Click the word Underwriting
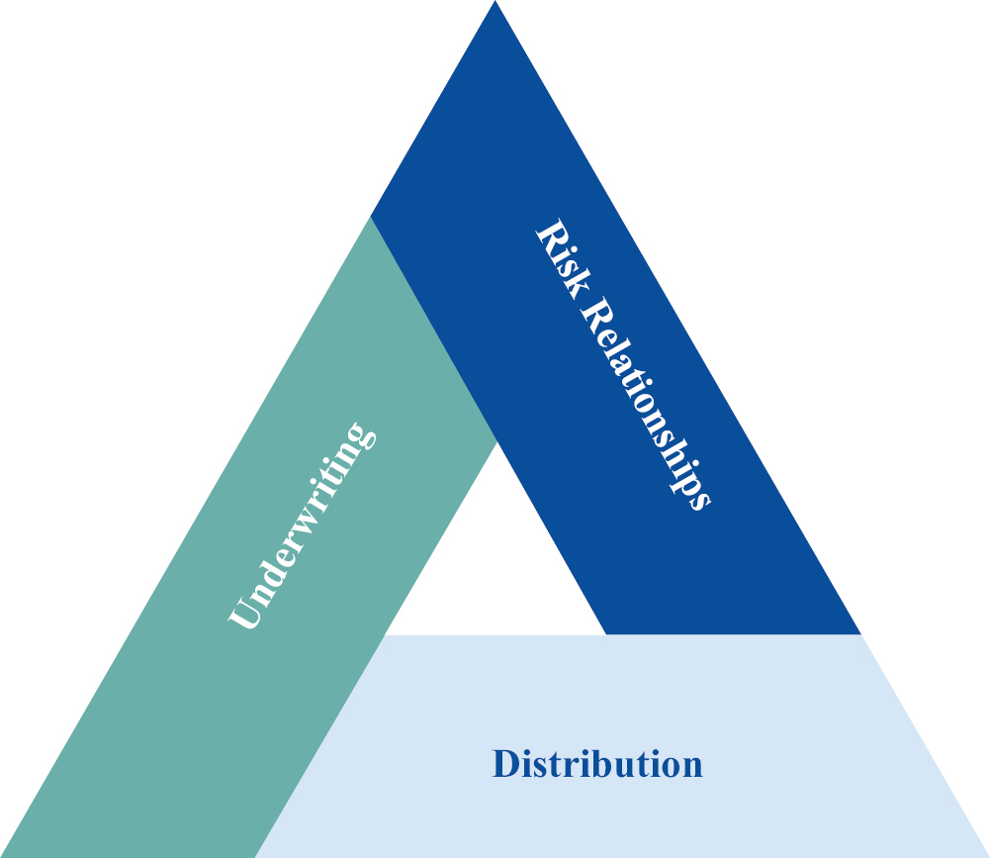pos(303,526)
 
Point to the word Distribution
pos(597,765)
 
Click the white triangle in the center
pos(495,564)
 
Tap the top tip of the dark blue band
pos(495,3)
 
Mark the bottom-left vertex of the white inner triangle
pos(387,632)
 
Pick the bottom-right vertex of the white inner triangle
pos(604,632)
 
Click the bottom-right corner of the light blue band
pos(986,855)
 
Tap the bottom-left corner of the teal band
pos(5,855)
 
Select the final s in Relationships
pos(699,498)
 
